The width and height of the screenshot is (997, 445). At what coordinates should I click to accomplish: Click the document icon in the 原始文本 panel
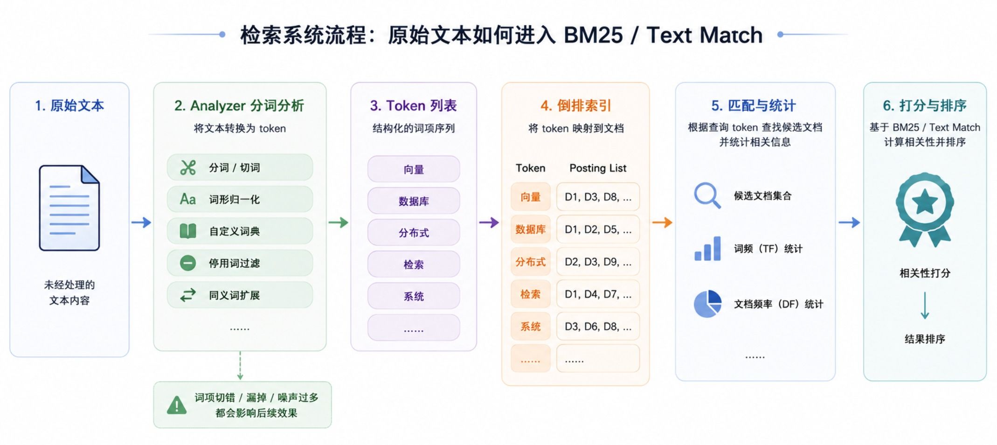(x=69, y=208)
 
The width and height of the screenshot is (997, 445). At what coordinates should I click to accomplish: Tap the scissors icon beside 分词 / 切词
(x=188, y=167)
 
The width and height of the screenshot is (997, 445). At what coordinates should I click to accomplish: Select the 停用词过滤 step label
(x=234, y=263)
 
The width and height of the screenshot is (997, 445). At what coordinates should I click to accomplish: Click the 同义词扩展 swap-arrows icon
(x=188, y=295)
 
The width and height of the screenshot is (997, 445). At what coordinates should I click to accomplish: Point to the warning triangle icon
(x=177, y=405)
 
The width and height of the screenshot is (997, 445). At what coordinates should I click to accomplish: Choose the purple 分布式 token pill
(x=414, y=232)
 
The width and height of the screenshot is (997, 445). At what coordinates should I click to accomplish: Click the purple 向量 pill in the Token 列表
(x=414, y=169)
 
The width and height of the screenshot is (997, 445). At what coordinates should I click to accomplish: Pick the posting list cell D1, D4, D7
(x=598, y=294)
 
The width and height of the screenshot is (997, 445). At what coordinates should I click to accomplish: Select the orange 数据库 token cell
(x=530, y=229)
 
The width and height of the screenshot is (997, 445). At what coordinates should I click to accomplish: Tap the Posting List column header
(x=598, y=168)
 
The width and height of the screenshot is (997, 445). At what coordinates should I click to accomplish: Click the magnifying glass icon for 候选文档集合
(x=707, y=195)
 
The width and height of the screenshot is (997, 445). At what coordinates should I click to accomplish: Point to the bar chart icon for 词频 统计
(x=707, y=248)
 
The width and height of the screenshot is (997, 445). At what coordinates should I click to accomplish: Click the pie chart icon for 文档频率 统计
(x=707, y=304)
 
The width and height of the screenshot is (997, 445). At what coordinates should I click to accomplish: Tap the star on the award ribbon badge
(x=924, y=202)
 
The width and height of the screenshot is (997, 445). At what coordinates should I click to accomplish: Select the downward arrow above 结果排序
(x=925, y=306)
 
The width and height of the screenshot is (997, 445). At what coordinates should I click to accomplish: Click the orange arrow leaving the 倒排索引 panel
(x=662, y=222)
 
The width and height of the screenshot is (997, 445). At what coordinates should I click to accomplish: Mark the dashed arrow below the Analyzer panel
(x=240, y=366)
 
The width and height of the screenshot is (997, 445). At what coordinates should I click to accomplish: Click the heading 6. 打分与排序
(x=925, y=105)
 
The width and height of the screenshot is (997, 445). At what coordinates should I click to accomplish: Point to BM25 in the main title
(x=593, y=35)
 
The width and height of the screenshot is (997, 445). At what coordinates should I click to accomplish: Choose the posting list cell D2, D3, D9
(x=598, y=262)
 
